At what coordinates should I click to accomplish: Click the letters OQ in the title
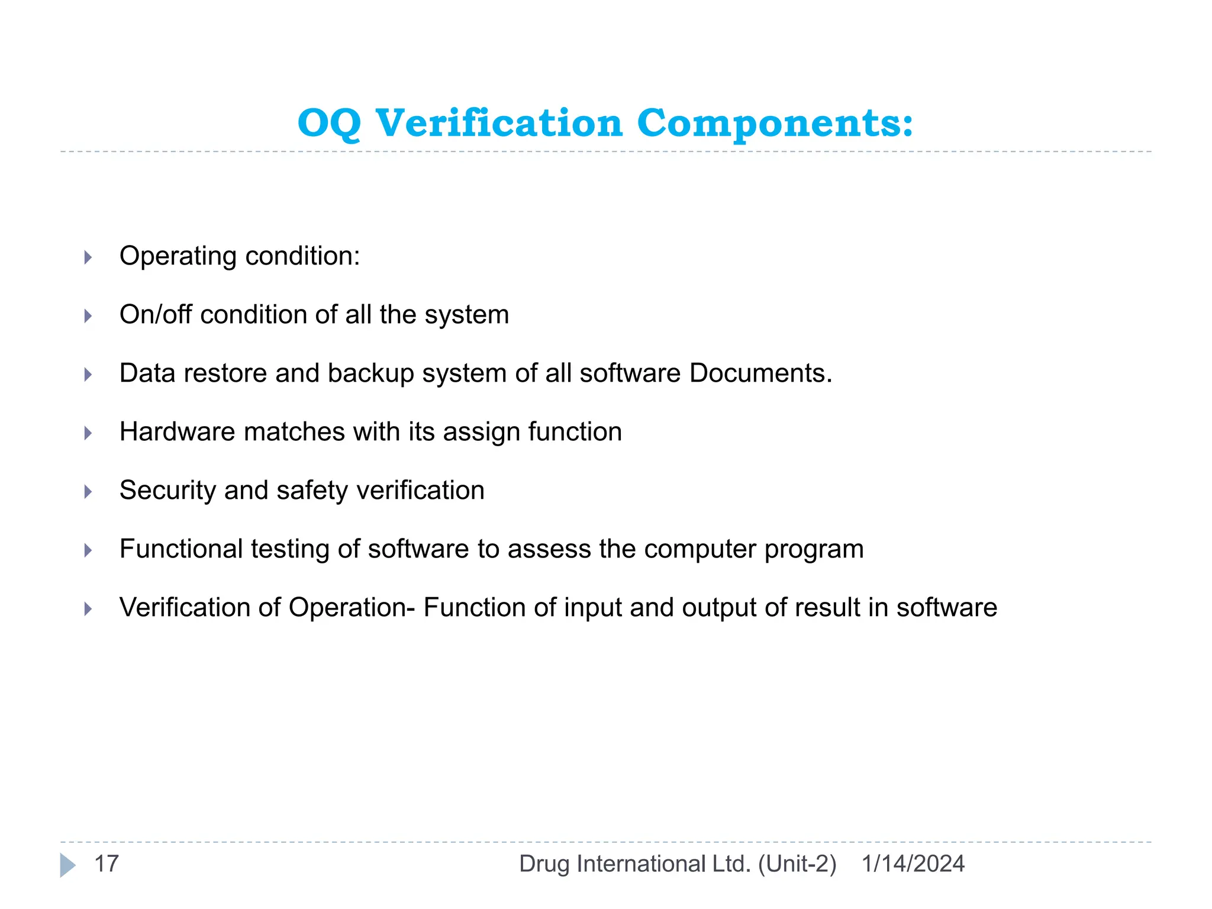pyautogui.click(x=329, y=124)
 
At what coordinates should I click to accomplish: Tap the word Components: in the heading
pyautogui.click(x=775, y=124)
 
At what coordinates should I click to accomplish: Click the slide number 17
pyautogui.click(x=107, y=864)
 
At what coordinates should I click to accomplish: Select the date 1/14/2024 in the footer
pyautogui.click(x=913, y=864)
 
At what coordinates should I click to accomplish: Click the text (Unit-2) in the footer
pyautogui.click(x=797, y=864)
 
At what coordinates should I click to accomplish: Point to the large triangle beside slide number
pyautogui.click(x=67, y=865)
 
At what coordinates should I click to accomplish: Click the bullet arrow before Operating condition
pyautogui.click(x=88, y=257)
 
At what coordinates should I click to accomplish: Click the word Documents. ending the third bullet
pyautogui.click(x=760, y=373)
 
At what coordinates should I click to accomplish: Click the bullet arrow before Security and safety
pyautogui.click(x=88, y=492)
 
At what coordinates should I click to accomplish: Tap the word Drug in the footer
pyautogui.click(x=544, y=864)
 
